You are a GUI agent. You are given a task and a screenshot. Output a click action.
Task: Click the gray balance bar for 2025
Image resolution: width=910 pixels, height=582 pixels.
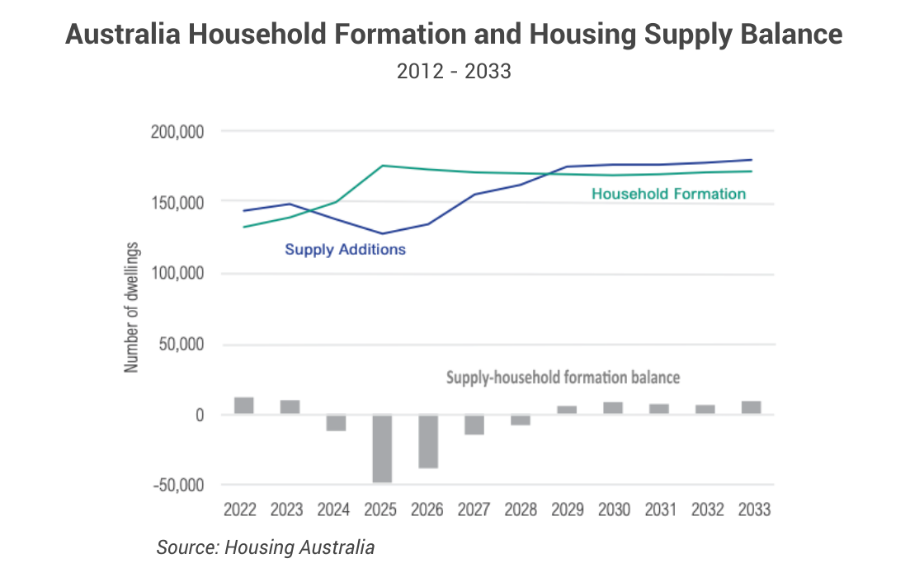click(x=382, y=448)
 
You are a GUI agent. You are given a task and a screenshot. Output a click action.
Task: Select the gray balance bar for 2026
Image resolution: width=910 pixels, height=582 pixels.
click(x=428, y=441)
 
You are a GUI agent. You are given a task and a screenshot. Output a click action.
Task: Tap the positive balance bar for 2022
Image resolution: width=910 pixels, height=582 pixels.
click(x=244, y=406)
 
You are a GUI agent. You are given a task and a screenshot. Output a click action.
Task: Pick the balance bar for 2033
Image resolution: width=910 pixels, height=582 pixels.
click(x=751, y=407)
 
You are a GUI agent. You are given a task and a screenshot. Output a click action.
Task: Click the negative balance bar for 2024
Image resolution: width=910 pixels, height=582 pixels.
click(x=336, y=422)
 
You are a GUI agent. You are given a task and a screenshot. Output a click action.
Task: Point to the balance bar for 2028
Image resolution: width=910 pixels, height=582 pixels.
click(x=521, y=419)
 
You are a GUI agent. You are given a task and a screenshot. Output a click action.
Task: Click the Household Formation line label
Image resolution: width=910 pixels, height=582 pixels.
click(x=668, y=195)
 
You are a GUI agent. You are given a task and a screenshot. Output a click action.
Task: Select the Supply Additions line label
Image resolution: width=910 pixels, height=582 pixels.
click(x=345, y=249)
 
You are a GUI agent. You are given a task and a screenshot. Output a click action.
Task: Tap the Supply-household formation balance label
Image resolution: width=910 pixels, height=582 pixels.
click(x=563, y=378)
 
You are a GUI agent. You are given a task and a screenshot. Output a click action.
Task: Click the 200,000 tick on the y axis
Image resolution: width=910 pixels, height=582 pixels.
click(x=179, y=132)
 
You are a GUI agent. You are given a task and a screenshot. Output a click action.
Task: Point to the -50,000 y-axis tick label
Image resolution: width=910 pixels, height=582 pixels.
click(x=179, y=485)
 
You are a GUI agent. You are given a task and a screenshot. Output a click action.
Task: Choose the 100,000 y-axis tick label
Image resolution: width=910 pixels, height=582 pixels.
click(x=179, y=274)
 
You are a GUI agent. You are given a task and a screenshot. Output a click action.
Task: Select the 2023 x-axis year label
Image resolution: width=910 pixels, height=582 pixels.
click(x=287, y=510)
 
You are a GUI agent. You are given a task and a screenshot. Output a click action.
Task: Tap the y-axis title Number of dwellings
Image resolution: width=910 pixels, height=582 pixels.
click(x=132, y=308)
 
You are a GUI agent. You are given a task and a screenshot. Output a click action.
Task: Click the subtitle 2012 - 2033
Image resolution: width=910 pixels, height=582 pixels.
click(x=454, y=72)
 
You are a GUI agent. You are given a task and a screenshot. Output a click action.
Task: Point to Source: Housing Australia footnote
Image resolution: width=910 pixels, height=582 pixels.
click(x=266, y=547)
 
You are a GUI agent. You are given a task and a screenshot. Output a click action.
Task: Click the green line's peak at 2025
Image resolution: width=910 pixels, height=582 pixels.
click(x=383, y=166)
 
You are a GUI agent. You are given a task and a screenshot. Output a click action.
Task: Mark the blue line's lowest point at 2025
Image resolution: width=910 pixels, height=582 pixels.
click(x=382, y=233)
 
